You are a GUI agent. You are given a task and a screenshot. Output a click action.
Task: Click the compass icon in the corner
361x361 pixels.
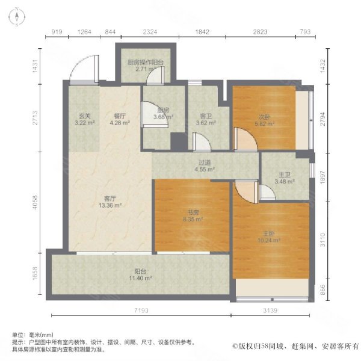17,17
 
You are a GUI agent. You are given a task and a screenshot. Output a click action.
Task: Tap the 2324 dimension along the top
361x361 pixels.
150,32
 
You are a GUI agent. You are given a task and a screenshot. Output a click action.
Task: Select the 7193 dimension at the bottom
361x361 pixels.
141,310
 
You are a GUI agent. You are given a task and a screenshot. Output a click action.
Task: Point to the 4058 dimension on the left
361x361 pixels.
35,202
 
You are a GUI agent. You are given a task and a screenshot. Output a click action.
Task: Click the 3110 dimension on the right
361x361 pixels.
322,240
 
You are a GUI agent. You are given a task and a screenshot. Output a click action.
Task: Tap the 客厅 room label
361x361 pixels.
110,199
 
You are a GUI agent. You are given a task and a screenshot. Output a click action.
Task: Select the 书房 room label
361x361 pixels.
193,212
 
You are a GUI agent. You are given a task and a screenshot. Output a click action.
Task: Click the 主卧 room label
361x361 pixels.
269,234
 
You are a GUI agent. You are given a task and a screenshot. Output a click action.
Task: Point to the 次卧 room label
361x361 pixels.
264,117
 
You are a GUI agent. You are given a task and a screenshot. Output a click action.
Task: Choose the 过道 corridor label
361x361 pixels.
205,163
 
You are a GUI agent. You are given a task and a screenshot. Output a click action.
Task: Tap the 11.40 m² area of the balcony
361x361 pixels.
140,278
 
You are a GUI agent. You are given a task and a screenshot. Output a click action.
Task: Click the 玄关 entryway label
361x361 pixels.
85,116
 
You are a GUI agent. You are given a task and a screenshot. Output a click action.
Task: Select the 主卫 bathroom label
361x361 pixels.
285,175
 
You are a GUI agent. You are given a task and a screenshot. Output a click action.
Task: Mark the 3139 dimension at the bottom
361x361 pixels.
270,310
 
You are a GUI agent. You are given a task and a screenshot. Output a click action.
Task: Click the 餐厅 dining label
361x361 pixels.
120,116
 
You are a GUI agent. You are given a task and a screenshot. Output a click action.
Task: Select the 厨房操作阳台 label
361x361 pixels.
146,63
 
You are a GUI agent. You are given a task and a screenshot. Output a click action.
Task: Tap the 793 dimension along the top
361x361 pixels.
305,32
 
